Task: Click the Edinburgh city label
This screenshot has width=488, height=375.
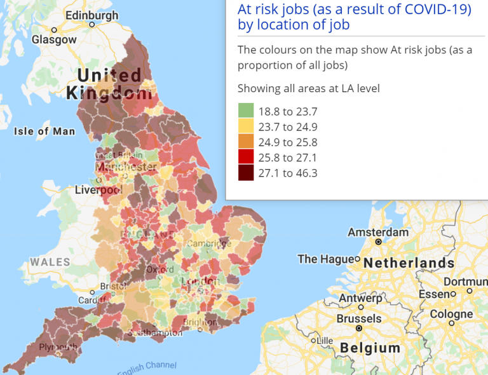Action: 91,15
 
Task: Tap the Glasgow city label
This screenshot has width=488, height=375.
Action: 54,39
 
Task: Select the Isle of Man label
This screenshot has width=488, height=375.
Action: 44,132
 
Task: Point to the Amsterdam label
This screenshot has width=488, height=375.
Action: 378,232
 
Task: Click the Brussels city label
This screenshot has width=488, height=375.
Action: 358,318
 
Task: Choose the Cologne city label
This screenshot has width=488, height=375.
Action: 451,314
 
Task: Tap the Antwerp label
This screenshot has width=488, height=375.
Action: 360,298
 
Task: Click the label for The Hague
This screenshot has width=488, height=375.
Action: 325,259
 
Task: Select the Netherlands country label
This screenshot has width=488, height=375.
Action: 409,262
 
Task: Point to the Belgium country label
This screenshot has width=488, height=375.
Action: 370,348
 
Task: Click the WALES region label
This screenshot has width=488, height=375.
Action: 50,262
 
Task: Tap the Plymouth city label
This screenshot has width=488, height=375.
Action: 57,347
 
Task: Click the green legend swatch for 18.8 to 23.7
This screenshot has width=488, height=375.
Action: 246,111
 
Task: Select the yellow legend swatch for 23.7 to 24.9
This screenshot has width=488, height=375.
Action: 246,126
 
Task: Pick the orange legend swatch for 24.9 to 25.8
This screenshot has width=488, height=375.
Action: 246,142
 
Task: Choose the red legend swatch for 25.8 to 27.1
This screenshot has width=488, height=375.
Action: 246,158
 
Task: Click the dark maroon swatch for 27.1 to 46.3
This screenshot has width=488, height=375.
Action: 246,174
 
